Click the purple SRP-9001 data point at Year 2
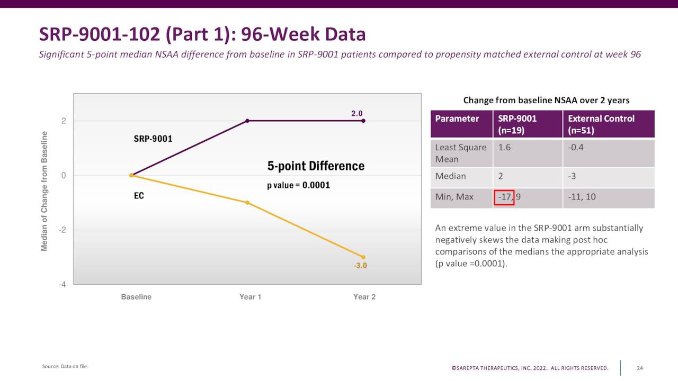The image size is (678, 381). (363, 121)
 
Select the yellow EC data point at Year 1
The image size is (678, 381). (247, 203)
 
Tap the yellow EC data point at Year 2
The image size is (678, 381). (363, 257)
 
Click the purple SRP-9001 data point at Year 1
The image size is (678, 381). (247, 121)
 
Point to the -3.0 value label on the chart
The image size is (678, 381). (360, 266)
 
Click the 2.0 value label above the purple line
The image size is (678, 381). (357, 113)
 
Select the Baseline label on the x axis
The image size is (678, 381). (136, 297)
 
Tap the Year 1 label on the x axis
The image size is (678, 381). (250, 297)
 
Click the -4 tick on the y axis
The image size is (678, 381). (63, 284)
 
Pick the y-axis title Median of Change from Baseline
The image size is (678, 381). (44, 192)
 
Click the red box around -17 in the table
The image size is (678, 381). (504, 197)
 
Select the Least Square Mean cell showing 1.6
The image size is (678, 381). (504, 148)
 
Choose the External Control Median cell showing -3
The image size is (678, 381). (572, 176)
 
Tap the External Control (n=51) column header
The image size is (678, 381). (601, 124)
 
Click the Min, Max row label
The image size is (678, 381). (454, 197)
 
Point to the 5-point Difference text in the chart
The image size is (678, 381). (316, 166)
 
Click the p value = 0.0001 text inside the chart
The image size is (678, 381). (298, 185)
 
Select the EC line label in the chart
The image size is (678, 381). (139, 196)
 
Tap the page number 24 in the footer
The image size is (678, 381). (640, 368)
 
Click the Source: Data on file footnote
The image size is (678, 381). (65, 366)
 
